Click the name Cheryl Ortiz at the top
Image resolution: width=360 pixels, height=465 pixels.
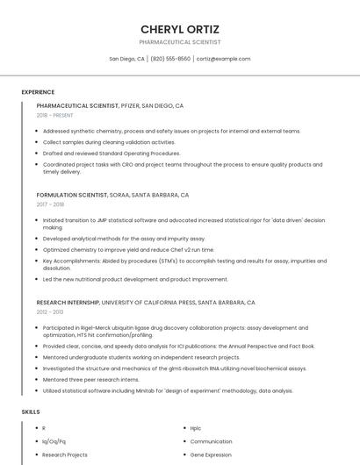click(179, 28)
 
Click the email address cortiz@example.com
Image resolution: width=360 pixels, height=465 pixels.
click(223, 59)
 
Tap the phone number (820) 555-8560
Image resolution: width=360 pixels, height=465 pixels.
click(170, 59)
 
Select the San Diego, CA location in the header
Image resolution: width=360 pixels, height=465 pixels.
click(127, 59)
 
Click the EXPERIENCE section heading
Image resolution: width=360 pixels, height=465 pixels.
click(38, 92)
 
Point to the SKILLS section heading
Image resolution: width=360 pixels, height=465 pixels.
click(31, 411)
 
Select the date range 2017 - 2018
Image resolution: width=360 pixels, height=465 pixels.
click(50, 204)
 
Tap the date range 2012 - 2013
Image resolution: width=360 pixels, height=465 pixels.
click(50, 311)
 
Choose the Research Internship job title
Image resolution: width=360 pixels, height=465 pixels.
click(68, 302)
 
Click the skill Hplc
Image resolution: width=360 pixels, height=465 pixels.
click(196, 428)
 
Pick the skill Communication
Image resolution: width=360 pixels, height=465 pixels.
click(211, 441)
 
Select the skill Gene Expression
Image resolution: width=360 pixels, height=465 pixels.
click(210, 455)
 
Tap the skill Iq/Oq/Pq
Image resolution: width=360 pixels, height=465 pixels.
click(54, 441)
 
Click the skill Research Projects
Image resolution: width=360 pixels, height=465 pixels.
click(65, 455)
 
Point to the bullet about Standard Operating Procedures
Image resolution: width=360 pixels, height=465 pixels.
click(112, 153)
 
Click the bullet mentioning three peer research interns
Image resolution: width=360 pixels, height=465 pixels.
click(90, 379)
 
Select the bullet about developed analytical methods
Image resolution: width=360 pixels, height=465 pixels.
click(124, 239)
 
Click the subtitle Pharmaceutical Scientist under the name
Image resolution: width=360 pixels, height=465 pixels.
click(179, 42)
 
